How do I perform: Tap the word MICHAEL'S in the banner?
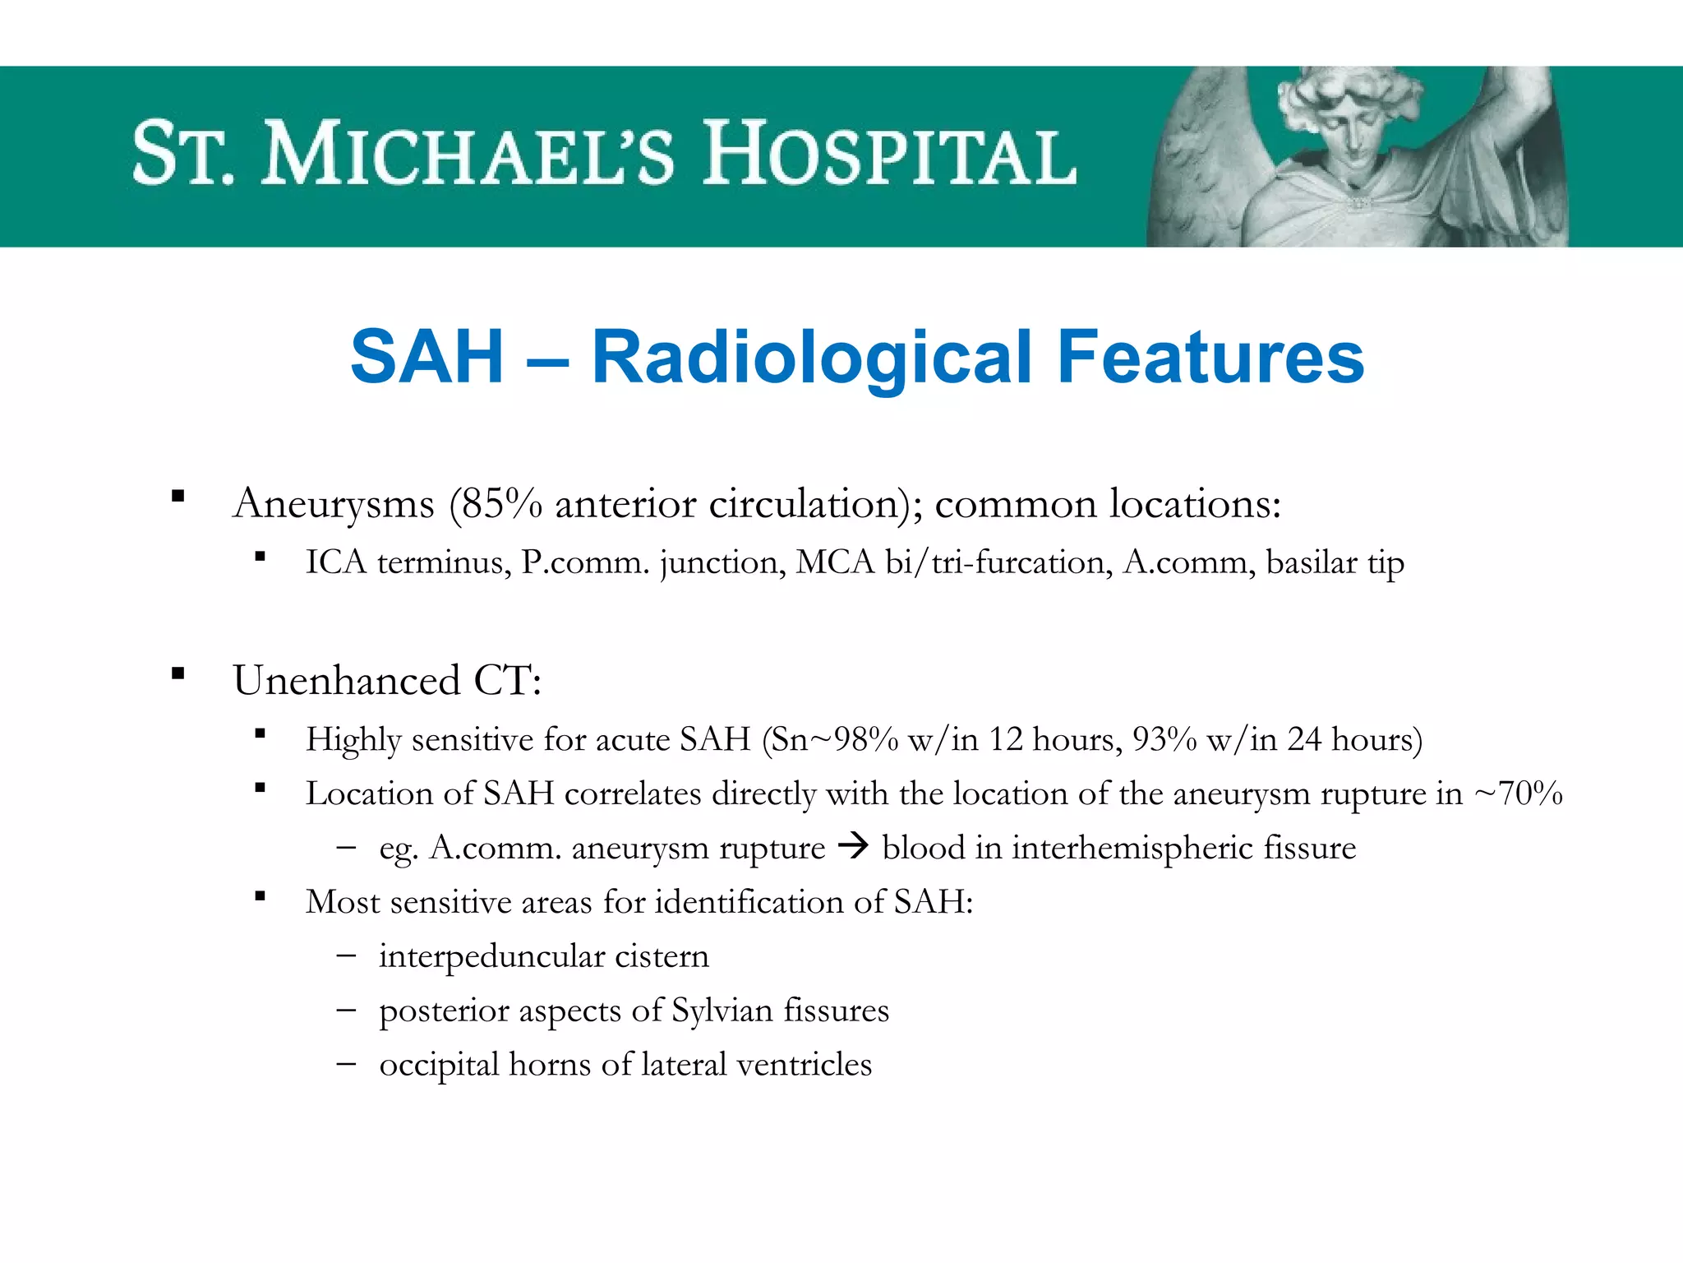coord(468,155)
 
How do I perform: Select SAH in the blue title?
coord(427,357)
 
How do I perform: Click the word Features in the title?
coord(1210,357)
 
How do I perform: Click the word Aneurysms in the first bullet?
coord(334,503)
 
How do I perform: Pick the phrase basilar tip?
coord(1335,562)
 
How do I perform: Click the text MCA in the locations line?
coord(835,562)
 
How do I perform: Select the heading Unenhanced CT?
coord(387,681)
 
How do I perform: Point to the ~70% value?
coord(1519,793)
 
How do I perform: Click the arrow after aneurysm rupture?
coord(854,846)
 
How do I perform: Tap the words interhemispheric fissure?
coord(1183,848)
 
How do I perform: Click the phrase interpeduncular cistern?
coord(543,956)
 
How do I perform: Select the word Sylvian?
coord(722,1011)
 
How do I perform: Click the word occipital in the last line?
coord(439,1065)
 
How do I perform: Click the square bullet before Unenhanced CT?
coord(178,674)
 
